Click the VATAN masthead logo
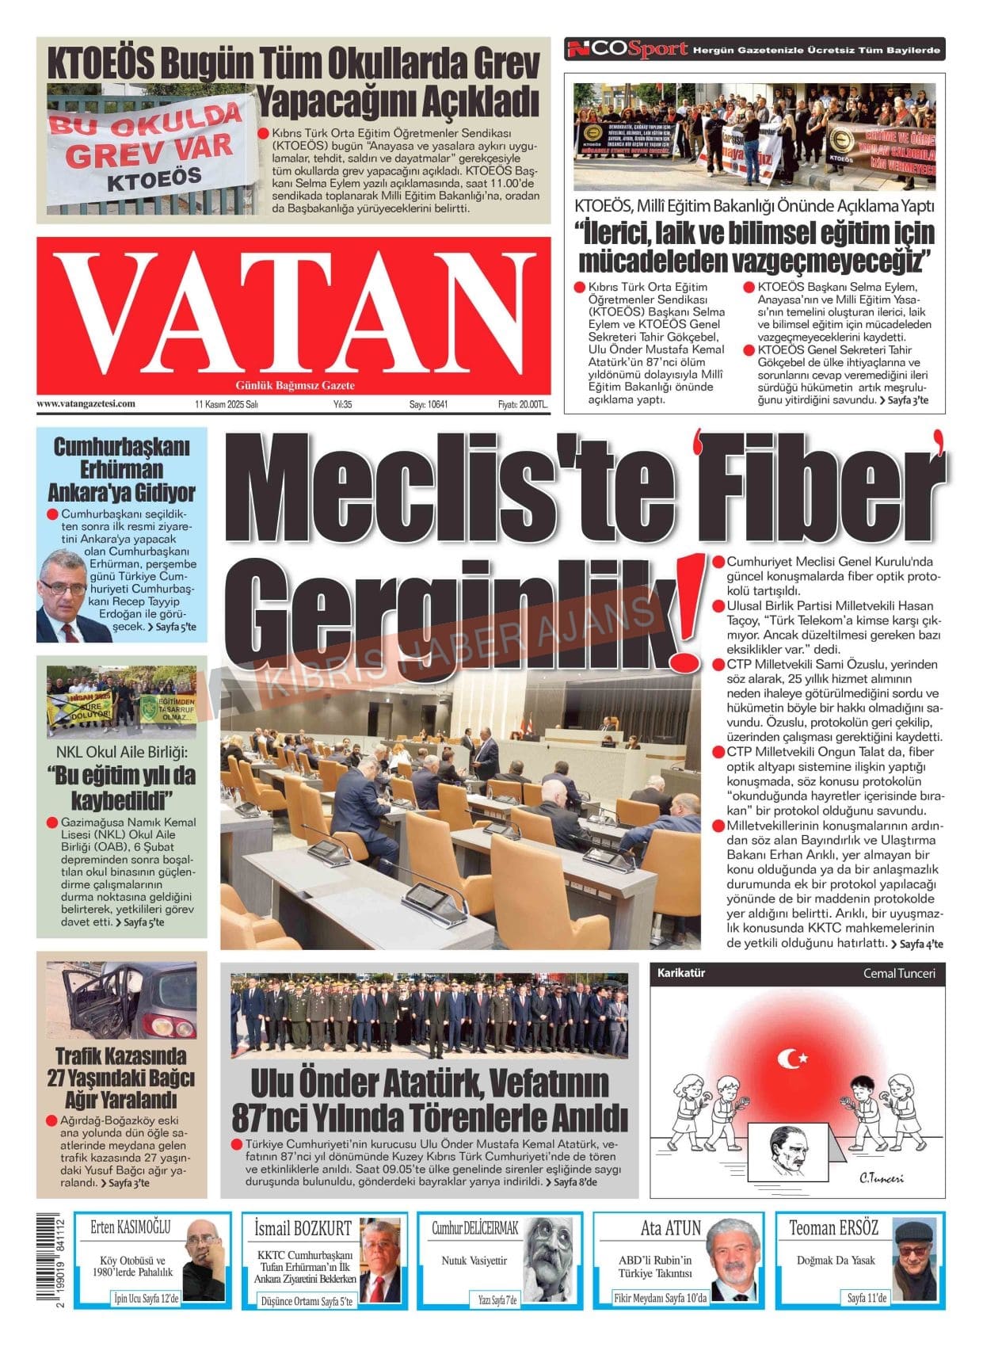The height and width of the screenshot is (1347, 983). pyautogui.click(x=293, y=315)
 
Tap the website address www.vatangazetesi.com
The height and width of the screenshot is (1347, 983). pyautogui.click(x=86, y=403)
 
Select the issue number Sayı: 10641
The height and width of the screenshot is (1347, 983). pyautogui.click(x=428, y=404)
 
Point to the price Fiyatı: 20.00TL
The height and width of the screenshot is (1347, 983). pyautogui.click(x=522, y=404)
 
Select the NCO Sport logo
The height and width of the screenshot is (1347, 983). pyautogui.click(x=626, y=49)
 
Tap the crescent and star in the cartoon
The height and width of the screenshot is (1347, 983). pyautogui.click(x=792, y=1058)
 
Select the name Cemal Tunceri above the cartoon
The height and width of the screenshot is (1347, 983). pyautogui.click(x=898, y=973)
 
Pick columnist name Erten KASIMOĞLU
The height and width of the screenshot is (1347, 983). pyautogui.click(x=130, y=1227)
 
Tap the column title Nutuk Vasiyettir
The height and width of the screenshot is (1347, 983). pyautogui.click(x=474, y=1260)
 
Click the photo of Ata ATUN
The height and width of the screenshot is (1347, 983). pyautogui.click(x=732, y=1260)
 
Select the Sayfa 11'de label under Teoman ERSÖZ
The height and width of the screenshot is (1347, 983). pyautogui.click(x=867, y=1298)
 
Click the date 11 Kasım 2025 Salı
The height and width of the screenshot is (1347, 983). pyautogui.click(x=227, y=404)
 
